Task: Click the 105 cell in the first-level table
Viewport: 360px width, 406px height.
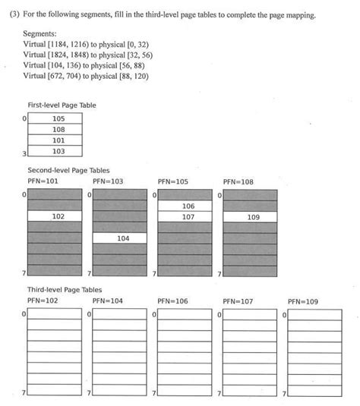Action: click(x=58, y=119)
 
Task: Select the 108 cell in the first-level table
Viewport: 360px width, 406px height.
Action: click(x=58, y=130)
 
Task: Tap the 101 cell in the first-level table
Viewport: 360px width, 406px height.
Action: click(x=58, y=140)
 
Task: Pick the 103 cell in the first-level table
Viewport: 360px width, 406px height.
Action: click(x=58, y=151)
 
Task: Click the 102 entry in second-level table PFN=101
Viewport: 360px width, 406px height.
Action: click(x=58, y=216)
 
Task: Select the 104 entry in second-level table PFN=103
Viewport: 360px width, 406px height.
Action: click(x=123, y=238)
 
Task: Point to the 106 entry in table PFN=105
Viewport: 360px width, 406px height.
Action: click(x=188, y=206)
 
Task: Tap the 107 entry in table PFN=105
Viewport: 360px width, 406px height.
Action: click(x=188, y=216)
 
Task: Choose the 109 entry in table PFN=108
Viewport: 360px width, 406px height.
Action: click(x=254, y=216)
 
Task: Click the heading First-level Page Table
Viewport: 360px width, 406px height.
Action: click(x=62, y=105)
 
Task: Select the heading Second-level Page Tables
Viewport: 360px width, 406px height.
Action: click(x=68, y=171)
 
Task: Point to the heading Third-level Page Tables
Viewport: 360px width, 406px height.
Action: click(x=65, y=290)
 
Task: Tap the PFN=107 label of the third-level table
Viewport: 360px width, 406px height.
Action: click(x=238, y=301)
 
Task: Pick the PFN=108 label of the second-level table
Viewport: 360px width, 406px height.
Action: click(x=238, y=182)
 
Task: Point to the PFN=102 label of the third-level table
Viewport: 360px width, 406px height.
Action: click(x=43, y=301)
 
